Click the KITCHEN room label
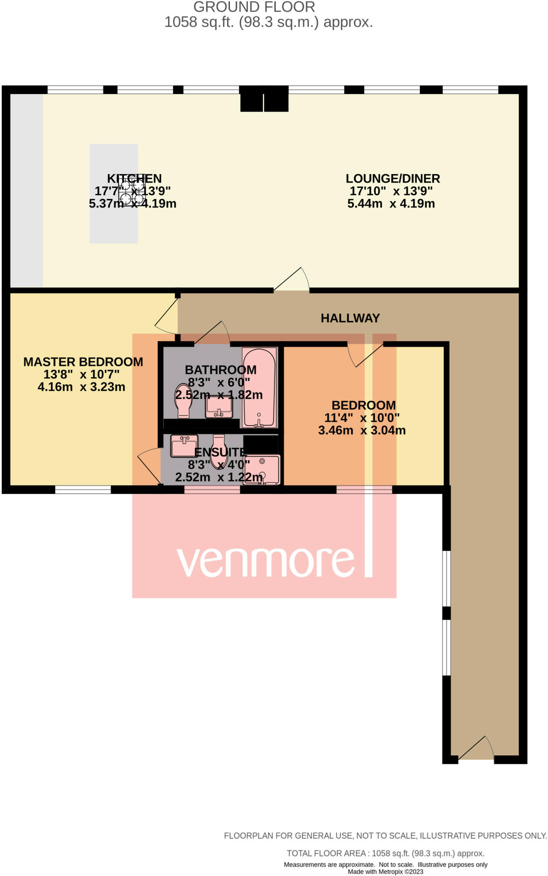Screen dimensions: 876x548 pos(134,178)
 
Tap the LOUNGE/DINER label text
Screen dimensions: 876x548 pos(392,178)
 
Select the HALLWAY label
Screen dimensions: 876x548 pos(350,318)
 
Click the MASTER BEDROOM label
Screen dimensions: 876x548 pos(83,362)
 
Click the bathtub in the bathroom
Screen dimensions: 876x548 pos(259,387)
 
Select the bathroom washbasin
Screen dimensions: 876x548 pos(219,407)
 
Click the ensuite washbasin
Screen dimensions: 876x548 pos(184,446)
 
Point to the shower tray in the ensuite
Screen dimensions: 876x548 pos(262,470)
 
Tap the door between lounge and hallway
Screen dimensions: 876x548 pos(292,281)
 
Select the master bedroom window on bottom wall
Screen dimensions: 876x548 pos(83,490)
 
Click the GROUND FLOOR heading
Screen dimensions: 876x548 pos(254,7)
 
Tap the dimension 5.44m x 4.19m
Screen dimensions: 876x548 pos(391,204)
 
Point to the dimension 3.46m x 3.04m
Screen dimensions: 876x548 pos(362,430)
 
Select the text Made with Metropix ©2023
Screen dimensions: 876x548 pos(385,872)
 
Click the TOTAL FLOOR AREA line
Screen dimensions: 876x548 pos(385,853)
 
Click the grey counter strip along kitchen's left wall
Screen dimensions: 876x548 pos(27,190)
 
